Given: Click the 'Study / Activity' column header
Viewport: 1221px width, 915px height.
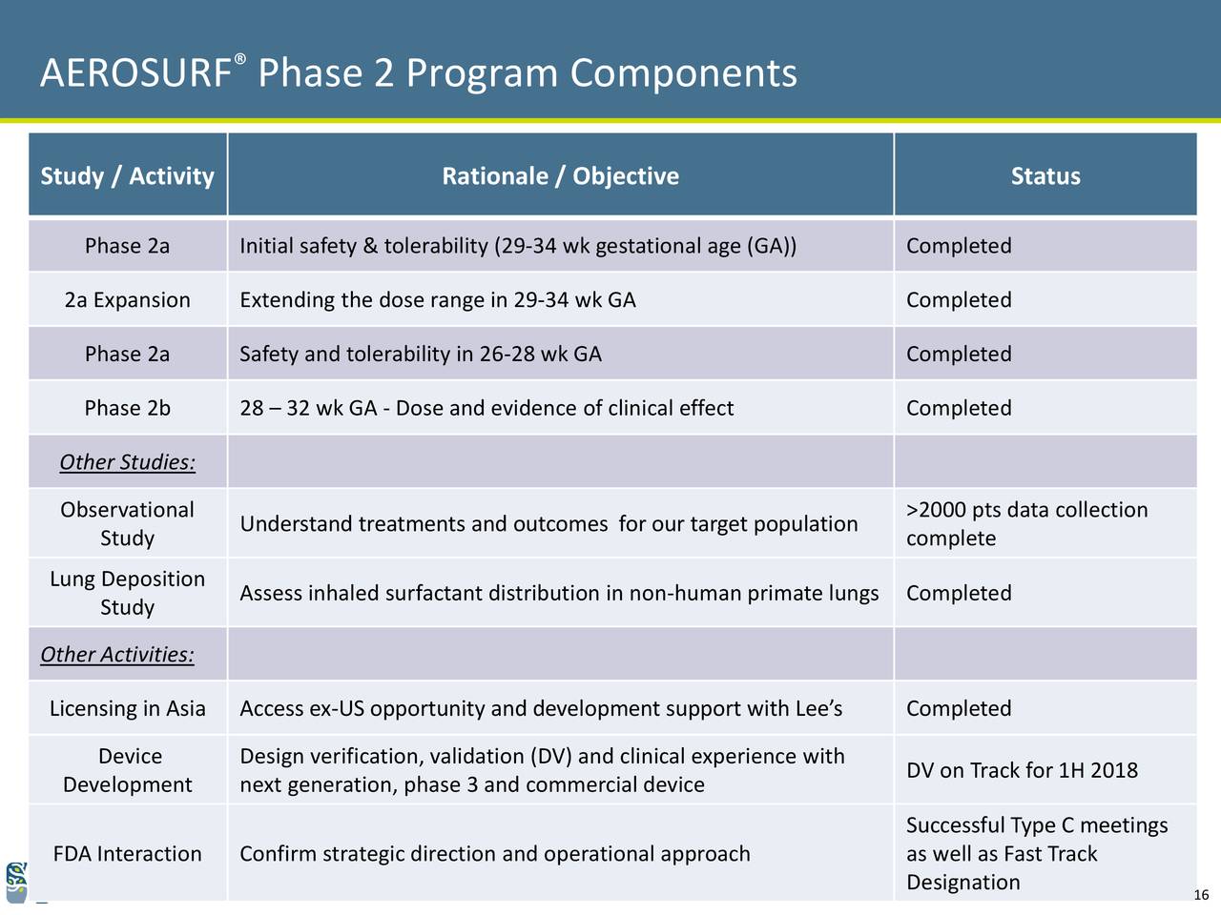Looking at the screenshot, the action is point(128,176).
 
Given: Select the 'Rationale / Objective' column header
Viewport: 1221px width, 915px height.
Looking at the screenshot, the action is point(560,176).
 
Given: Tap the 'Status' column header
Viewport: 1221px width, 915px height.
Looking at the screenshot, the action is point(1045,176).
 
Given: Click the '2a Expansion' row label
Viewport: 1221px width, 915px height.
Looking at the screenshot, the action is point(128,300).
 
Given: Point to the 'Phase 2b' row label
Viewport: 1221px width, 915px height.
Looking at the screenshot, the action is point(128,408).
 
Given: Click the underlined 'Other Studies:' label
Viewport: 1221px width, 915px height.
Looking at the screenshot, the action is point(128,462).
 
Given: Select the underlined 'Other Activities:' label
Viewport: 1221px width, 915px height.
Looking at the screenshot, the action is point(117,655).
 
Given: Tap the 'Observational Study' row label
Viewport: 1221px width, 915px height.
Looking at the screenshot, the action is point(128,523).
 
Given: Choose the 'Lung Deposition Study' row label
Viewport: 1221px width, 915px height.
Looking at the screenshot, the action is point(128,593).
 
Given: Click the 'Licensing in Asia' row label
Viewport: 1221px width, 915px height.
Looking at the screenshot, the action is point(128,708).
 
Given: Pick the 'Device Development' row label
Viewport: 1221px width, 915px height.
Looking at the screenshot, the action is point(128,770).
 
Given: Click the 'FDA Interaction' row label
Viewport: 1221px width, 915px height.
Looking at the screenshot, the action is point(128,853).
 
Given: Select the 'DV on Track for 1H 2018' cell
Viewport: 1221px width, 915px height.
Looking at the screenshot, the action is point(1022,770).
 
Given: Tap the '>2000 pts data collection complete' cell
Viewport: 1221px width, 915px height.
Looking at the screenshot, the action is point(1026,523).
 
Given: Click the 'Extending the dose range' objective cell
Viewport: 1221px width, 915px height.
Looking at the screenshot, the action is point(438,300).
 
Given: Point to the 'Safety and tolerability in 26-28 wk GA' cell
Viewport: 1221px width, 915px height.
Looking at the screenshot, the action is point(421,354).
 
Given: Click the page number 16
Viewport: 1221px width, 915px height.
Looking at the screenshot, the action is point(1201,894).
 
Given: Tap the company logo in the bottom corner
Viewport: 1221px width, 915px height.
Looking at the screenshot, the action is point(16,883).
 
